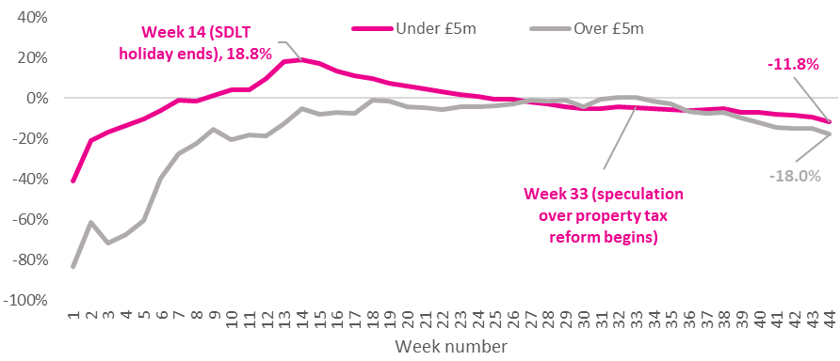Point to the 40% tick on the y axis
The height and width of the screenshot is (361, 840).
pyautogui.click(x=35, y=18)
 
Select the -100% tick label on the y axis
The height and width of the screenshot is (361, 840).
pyautogui.click(x=28, y=301)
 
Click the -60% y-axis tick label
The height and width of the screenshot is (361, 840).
pyautogui.click(x=32, y=220)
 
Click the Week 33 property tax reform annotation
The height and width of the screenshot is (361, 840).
pyautogui.click(x=603, y=216)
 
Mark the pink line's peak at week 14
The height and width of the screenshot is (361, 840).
pyautogui.click(x=301, y=59)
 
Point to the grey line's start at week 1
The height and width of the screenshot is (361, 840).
pyautogui.click(x=73, y=266)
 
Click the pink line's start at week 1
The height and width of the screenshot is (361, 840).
pyautogui.click(x=73, y=180)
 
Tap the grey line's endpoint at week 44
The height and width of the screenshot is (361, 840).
pyautogui.click(x=829, y=134)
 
